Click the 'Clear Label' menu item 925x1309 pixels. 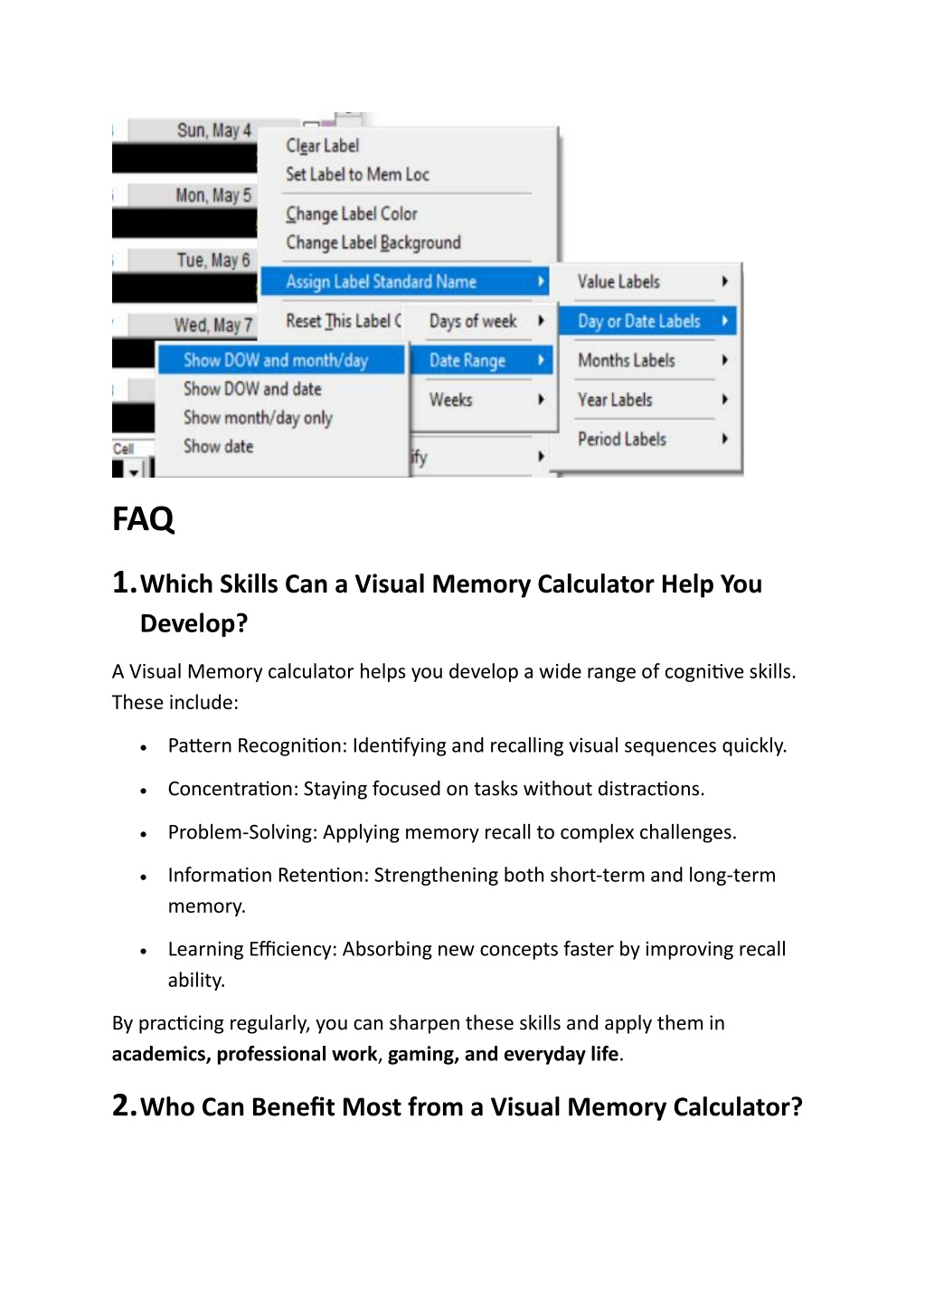[322, 146]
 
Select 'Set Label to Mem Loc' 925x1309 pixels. [357, 175]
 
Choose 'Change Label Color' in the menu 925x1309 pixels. [352, 214]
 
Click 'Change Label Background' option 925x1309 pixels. [373, 242]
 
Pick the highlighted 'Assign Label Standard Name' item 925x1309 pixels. [381, 281]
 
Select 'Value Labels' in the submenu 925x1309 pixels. [618, 281]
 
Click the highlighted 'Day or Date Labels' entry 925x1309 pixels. [638, 321]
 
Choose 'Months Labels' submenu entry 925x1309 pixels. [626, 360]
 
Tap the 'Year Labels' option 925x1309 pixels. [615, 400]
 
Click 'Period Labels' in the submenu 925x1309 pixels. [621, 439]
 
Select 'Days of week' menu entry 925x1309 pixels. [473, 321]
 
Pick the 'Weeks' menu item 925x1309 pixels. [450, 400]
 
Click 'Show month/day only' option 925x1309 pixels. [258, 418]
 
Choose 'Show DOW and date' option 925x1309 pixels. [252, 389]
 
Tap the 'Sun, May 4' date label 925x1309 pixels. [213, 130]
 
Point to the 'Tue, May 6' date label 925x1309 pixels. [212, 261]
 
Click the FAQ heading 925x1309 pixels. [143, 519]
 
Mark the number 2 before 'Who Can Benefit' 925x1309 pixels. [123, 1105]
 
